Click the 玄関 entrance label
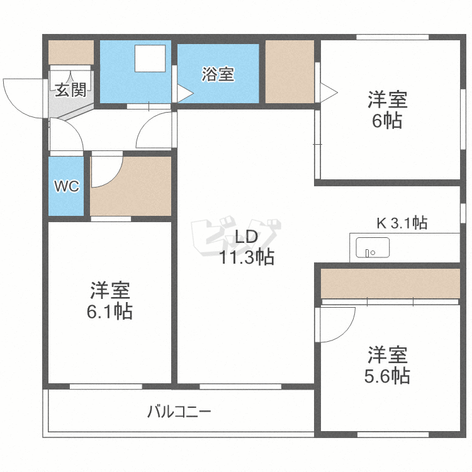pos(70,90)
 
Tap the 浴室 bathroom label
pos(218,74)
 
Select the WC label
pos(66,187)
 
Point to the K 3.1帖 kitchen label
pos(402,223)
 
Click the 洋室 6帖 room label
pos(388,110)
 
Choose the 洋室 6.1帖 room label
pos(111,301)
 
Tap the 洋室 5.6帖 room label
pos(388,365)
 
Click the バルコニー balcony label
pos(179,413)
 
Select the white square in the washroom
pos(150,59)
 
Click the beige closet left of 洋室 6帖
pos(289,71)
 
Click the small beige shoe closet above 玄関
pos(70,52)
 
